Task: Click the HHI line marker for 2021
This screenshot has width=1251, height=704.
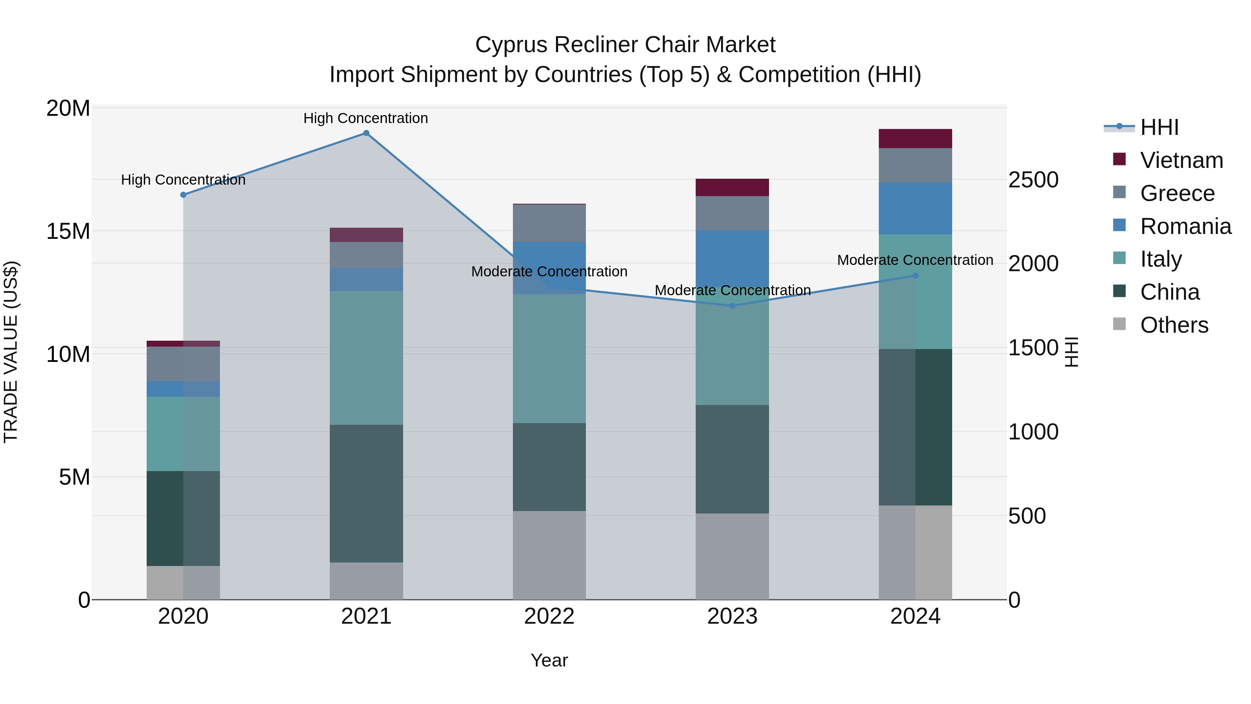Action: [x=366, y=133]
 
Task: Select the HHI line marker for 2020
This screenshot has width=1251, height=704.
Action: [x=183, y=195]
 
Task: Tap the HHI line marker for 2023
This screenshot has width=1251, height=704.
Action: [x=732, y=306]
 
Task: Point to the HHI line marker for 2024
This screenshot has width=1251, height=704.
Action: [x=915, y=275]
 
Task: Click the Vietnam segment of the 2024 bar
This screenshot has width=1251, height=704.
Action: [x=915, y=138]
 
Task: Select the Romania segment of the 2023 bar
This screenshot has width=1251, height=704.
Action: [x=732, y=258]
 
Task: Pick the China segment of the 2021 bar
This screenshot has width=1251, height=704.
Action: [x=366, y=493]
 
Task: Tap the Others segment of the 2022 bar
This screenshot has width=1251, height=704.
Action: [x=549, y=555]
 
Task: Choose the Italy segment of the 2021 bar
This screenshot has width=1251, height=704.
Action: [x=366, y=358]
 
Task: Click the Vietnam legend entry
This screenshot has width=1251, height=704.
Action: [x=1181, y=160]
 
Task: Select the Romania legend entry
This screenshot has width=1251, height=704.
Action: [x=1185, y=226]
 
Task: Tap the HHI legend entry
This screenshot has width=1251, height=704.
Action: [x=1159, y=127]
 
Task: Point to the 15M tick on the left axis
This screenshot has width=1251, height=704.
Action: [x=68, y=231]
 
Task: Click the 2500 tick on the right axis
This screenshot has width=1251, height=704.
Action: [x=1033, y=180]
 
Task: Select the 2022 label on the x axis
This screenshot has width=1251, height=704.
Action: [x=549, y=616]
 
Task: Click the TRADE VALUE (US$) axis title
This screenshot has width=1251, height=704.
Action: [x=11, y=352]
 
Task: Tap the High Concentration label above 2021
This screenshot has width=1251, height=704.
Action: [x=366, y=118]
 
